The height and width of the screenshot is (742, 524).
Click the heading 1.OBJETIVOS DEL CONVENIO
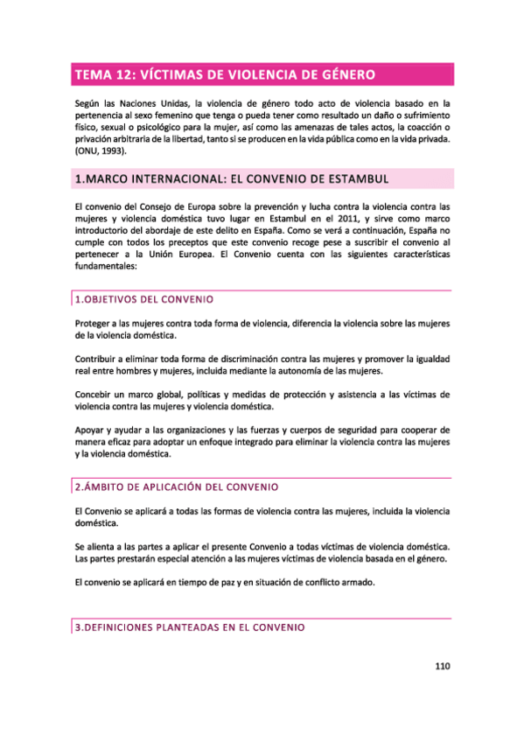coord(138,299)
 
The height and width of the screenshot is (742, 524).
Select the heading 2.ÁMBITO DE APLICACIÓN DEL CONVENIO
coord(176,486)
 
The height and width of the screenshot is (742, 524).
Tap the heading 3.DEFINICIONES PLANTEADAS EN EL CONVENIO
coord(189,627)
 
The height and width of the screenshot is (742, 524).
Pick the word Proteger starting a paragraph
coord(94,323)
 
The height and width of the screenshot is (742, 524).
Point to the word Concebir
coord(95,395)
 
